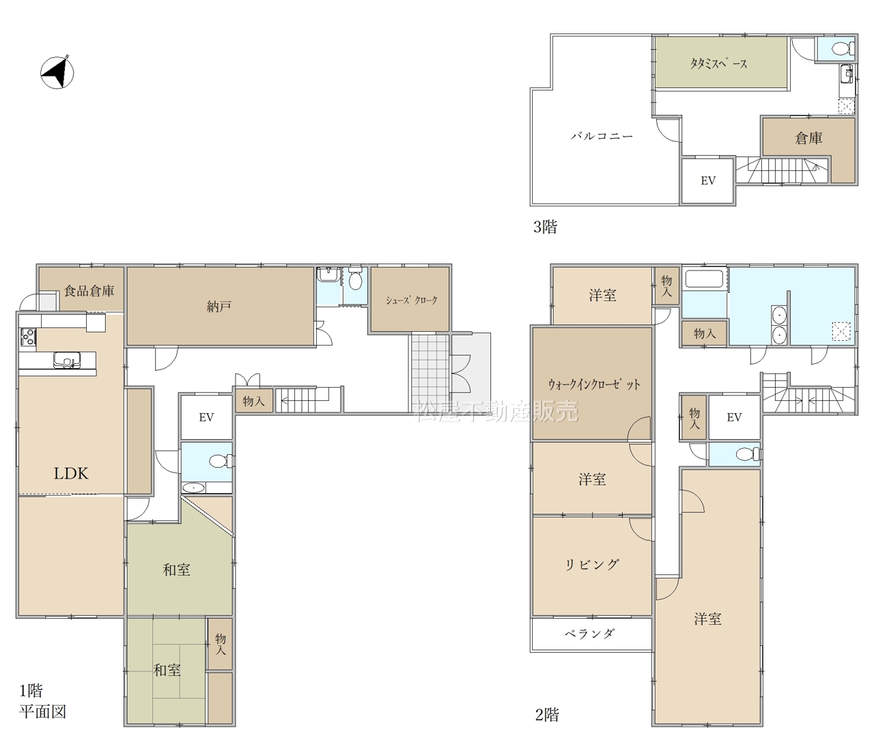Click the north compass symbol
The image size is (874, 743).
57,72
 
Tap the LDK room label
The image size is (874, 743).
71,473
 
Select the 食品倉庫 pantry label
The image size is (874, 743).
89,290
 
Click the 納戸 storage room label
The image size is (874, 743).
219,306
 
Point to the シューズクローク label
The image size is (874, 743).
412,300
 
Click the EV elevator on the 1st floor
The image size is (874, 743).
206,417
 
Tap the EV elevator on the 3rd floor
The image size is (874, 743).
708,181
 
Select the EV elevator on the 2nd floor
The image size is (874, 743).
734,417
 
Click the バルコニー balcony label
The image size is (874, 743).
602,136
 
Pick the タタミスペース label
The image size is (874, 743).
719,64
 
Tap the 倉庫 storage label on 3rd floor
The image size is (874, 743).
808,138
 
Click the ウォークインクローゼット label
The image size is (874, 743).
594,384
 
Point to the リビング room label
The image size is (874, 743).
592,565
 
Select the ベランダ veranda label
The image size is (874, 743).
590,634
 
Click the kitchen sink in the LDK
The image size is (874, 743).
67,361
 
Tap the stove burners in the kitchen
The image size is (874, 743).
28,337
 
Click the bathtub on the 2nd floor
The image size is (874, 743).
705,279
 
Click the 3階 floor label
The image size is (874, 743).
546,227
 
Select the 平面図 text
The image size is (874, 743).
43,712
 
